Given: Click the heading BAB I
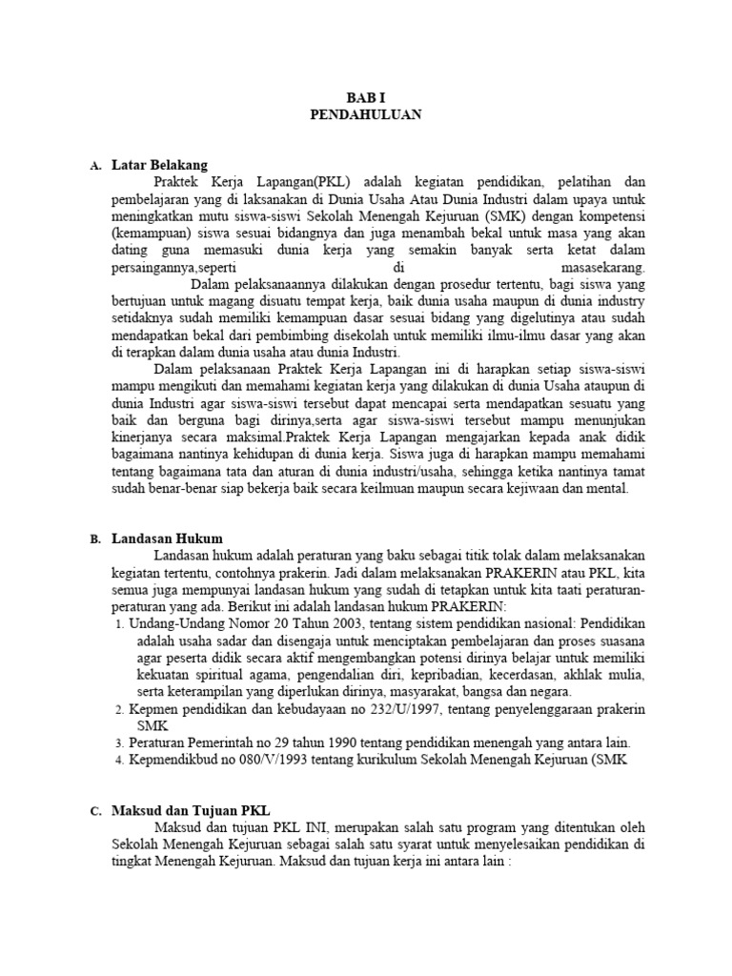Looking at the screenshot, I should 366,96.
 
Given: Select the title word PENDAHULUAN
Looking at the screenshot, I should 366,113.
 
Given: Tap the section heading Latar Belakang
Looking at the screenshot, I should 158,165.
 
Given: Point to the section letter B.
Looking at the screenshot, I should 95,539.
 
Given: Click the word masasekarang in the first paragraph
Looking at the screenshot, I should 604,268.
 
